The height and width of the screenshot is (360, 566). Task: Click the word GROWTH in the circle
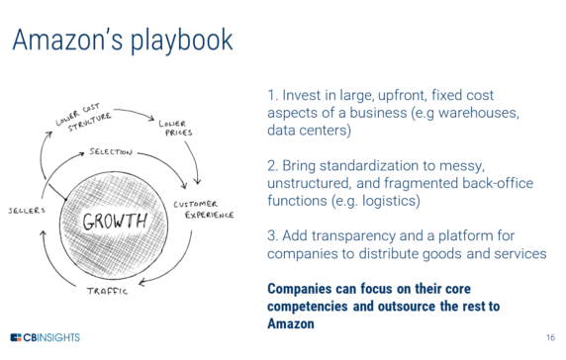tap(114, 219)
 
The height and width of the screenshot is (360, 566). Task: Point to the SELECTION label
tap(111, 153)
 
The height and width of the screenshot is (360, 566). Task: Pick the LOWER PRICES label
tap(177, 128)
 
